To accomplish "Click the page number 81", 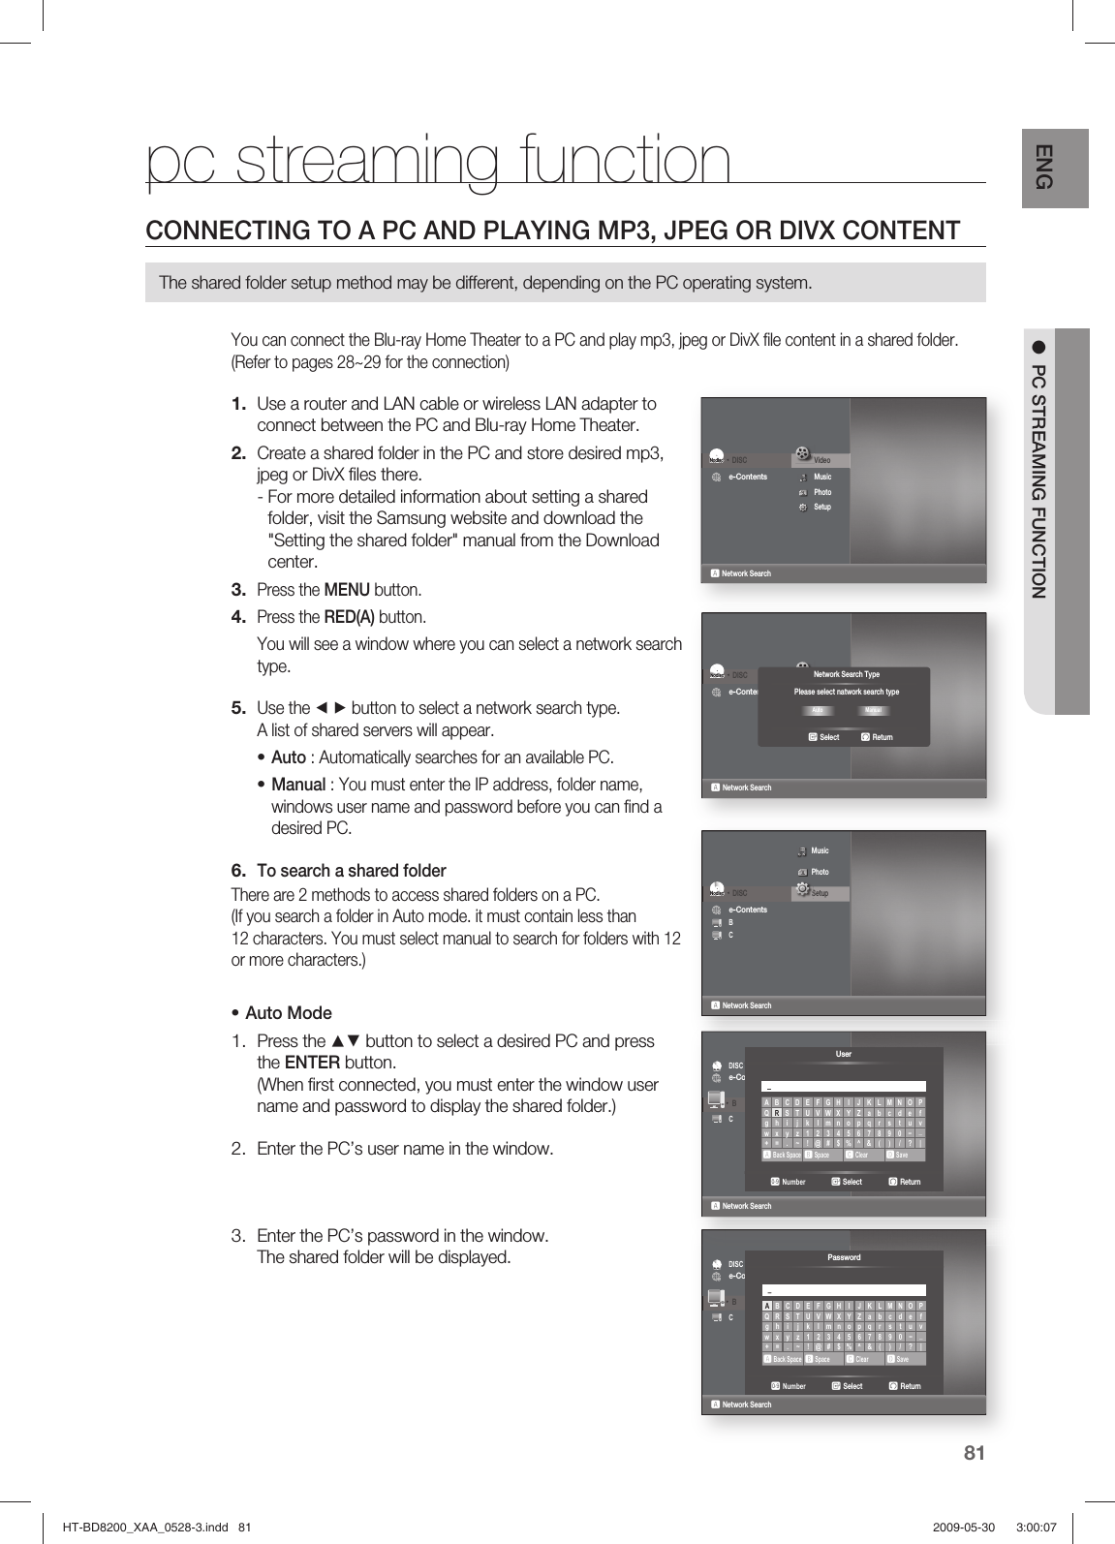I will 975,1452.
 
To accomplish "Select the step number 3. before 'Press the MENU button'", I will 237,590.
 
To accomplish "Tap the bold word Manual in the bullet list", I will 297,784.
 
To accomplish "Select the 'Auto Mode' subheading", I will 288,1013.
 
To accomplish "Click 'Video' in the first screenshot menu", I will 822,459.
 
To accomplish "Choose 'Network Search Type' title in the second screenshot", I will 846,674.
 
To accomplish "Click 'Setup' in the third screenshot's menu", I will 821,893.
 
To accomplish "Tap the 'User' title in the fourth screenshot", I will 844,1054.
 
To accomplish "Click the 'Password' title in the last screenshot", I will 844,1257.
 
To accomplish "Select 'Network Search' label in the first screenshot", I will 746,573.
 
